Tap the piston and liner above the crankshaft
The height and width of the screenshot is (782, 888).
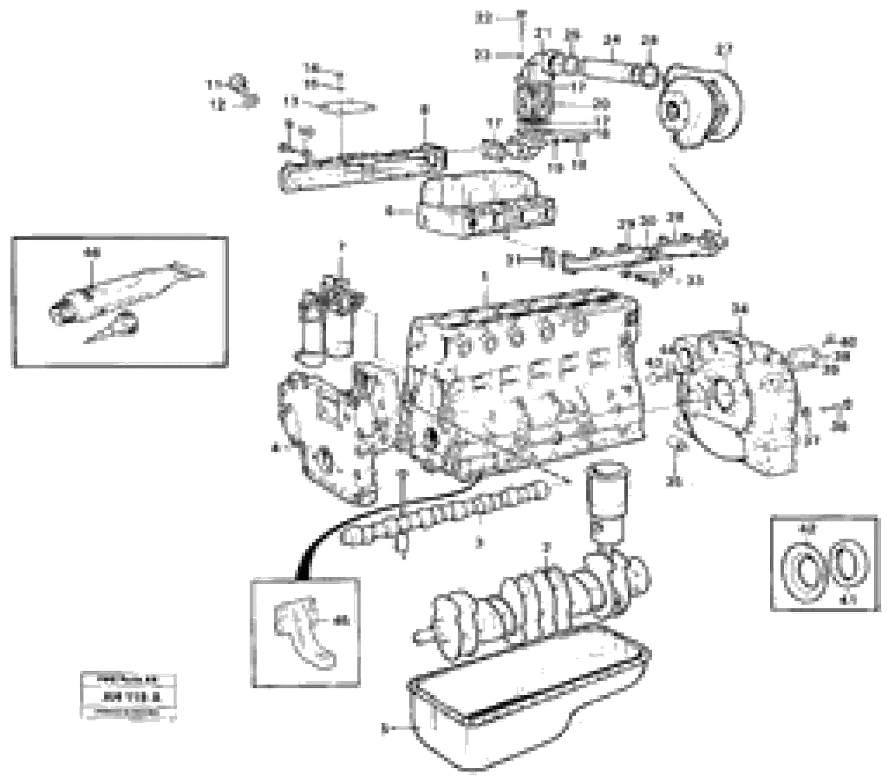[606, 500]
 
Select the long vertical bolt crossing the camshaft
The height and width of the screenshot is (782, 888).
[402, 513]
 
